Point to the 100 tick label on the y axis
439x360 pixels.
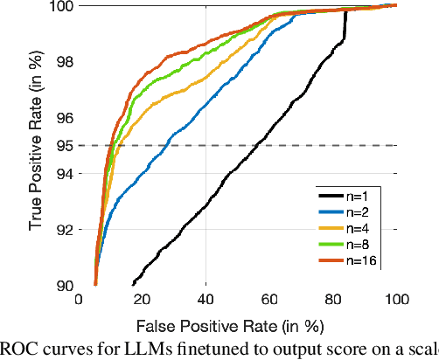tap(58, 7)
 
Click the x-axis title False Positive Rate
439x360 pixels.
tap(238, 324)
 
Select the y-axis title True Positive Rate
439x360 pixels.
tap(36, 145)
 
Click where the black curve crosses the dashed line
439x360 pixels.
tap(255, 145)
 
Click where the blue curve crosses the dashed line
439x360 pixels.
tap(166, 145)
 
